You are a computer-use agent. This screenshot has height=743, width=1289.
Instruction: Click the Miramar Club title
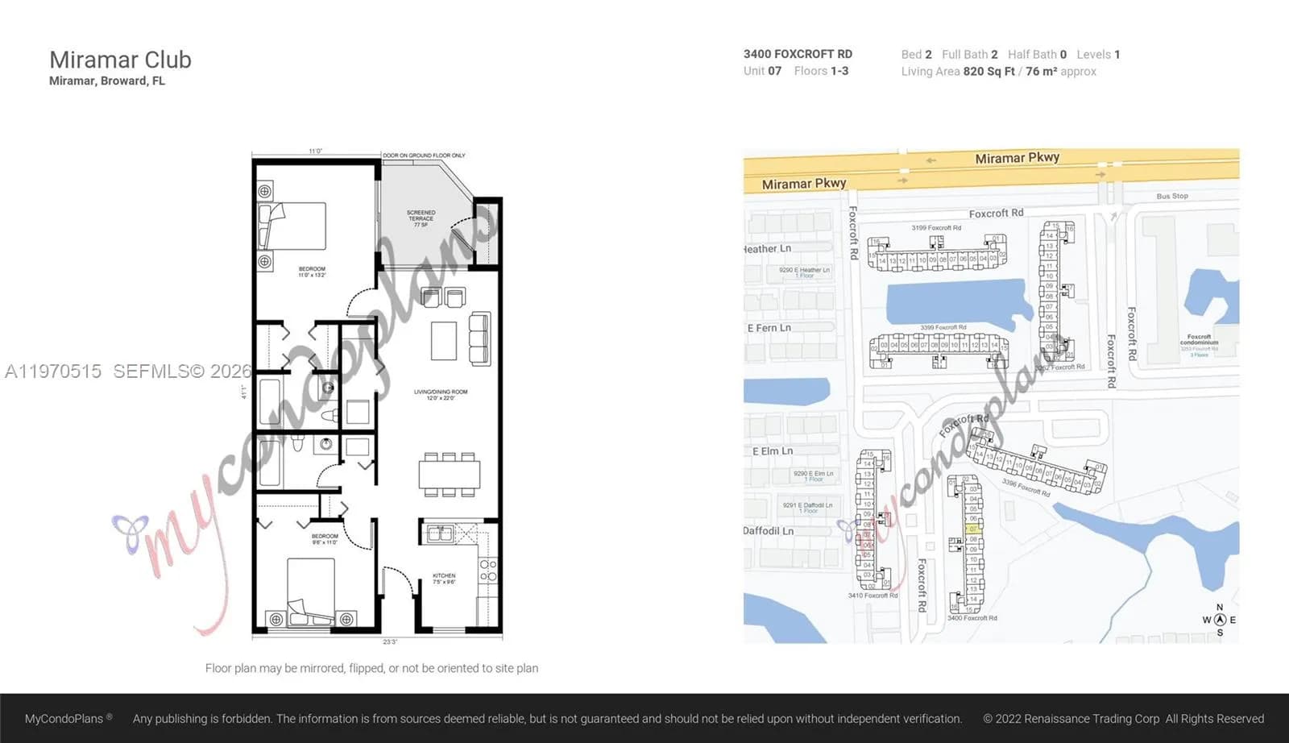[x=120, y=60]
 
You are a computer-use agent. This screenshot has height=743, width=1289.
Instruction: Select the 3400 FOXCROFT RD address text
[x=797, y=54]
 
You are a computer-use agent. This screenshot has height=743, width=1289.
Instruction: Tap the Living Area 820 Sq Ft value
[x=989, y=72]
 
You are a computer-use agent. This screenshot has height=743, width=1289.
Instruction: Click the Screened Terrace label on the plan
[x=421, y=218]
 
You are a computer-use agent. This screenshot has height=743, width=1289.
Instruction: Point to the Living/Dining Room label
[x=441, y=394]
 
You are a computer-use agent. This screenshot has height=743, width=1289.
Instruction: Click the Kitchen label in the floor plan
[x=444, y=578]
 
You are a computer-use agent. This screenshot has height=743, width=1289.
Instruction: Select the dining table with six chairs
[x=449, y=474]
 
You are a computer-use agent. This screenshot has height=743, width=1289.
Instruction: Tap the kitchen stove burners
[x=488, y=571]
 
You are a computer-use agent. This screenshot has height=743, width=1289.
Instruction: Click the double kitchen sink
[x=440, y=533]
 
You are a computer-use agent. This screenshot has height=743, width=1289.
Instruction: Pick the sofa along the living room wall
[x=479, y=338]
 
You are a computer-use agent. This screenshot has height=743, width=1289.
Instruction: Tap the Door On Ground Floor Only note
[x=424, y=156]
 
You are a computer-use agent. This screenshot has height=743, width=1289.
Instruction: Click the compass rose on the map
[x=1220, y=620]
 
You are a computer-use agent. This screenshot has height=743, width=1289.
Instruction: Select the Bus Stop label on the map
[x=1171, y=196]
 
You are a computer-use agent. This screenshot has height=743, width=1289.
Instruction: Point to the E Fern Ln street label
[x=769, y=328]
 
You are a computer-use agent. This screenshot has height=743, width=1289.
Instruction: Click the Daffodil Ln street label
[x=768, y=531]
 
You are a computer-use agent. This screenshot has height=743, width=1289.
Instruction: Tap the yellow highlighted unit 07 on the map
[x=972, y=529]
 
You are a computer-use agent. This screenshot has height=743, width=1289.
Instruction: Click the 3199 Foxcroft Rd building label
[x=935, y=228]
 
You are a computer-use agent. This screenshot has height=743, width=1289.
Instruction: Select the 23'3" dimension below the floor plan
[x=389, y=642]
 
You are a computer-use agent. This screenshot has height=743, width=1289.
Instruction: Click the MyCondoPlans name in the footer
[x=64, y=718]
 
